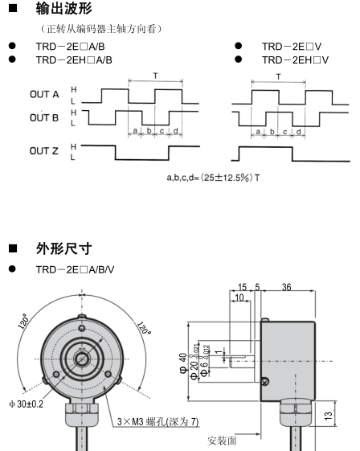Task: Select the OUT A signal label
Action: coord(45,94)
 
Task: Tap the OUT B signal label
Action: coord(45,117)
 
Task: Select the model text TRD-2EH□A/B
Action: coord(74,59)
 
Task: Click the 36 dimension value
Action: coord(287,287)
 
